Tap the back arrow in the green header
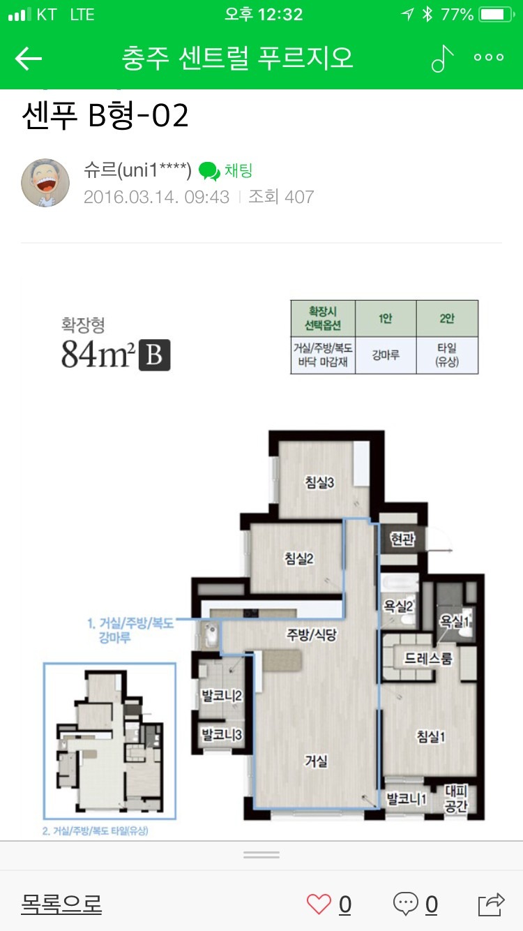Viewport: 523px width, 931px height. pos(29,58)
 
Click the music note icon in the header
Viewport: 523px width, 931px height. pos(442,58)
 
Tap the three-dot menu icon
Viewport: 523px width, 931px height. pos(489,57)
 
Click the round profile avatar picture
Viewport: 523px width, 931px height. pos(45,182)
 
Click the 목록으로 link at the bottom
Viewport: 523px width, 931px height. pos(61,904)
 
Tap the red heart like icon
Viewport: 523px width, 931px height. pos(319,904)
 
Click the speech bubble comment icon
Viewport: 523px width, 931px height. pos(405,904)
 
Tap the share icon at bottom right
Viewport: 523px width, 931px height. pos(492,904)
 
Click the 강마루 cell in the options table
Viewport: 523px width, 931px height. pos(386,355)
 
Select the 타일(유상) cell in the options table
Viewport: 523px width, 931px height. pos(447,355)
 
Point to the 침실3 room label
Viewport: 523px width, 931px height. pos(319,482)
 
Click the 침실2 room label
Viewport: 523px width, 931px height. pos(298,558)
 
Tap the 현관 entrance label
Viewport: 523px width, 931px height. pos(402,539)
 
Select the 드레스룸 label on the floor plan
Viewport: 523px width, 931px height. pos(428,658)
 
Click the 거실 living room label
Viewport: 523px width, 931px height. pos(316,761)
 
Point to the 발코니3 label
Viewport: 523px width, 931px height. pos(222,735)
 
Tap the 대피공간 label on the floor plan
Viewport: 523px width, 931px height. pos(456,798)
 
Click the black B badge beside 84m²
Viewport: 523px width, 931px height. pos(154,355)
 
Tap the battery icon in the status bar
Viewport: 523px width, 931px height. pos(497,15)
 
